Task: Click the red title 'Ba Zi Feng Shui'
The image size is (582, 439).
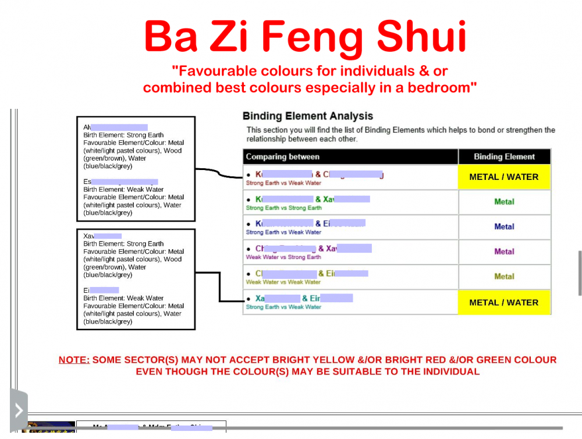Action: (306, 37)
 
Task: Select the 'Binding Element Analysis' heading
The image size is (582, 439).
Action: (307, 116)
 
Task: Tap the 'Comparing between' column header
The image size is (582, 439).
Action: (282, 157)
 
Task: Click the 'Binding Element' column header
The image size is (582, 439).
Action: (504, 157)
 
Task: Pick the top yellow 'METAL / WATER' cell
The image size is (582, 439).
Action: (504, 177)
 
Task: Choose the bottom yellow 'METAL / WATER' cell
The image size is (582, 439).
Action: (504, 303)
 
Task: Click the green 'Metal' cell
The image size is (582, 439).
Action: (504, 202)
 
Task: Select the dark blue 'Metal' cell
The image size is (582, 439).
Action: (504, 227)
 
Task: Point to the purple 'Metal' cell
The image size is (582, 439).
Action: (504, 252)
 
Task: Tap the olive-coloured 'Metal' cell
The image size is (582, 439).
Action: (504, 277)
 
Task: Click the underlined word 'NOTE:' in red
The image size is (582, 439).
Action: (74, 360)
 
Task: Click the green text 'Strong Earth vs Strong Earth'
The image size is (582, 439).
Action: (283, 208)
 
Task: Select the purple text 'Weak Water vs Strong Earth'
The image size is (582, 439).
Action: (283, 257)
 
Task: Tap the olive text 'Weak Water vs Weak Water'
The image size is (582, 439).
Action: (283, 282)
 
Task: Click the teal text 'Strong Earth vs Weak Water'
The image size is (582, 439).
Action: (283, 307)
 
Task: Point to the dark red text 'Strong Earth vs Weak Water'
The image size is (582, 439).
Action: (283, 183)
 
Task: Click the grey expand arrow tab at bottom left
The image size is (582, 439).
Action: (19, 410)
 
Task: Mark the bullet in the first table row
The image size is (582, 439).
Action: (249, 175)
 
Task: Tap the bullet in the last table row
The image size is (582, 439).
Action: (249, 299)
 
